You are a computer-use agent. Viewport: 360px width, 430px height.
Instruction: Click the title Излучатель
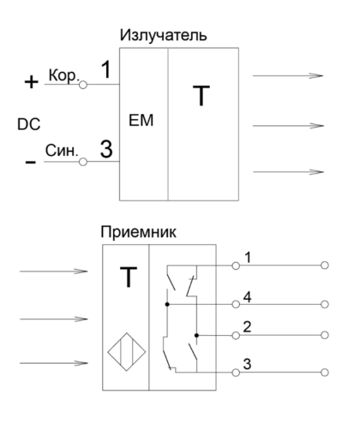[163, 35]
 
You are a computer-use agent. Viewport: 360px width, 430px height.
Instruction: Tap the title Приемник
[138, 232]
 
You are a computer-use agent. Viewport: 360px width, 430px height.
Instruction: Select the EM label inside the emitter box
[141, 120]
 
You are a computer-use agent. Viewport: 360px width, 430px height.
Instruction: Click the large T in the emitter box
[201, 96]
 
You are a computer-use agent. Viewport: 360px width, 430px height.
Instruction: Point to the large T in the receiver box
[129, 277]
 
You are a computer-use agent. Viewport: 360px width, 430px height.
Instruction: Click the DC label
[29, 124]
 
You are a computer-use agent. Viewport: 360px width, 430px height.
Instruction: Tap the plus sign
[31, 82]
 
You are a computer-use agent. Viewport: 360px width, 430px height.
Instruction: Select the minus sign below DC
[31, 162]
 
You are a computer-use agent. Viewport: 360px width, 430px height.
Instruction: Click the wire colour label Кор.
[63, 75]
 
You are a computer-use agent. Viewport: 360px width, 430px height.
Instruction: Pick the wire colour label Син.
[62, 151]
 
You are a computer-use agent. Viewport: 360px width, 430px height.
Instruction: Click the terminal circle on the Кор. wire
[83, 85]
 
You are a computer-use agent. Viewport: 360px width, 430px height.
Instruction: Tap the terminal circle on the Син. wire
[83, 162]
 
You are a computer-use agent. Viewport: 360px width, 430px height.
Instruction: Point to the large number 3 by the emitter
[106, 149]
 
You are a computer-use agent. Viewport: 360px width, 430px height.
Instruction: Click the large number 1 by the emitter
[106, 69]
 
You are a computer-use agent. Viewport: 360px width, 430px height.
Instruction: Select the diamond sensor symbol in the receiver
[127, 352]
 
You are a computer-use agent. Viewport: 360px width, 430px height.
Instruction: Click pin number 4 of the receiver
[247, 297]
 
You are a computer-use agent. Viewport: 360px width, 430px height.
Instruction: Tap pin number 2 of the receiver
[247, 327]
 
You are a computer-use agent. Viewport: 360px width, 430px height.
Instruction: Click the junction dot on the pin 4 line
[167, 304]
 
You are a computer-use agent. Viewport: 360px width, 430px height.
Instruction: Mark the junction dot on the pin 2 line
[196, 335]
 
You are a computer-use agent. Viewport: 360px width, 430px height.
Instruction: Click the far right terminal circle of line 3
[325, 373]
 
